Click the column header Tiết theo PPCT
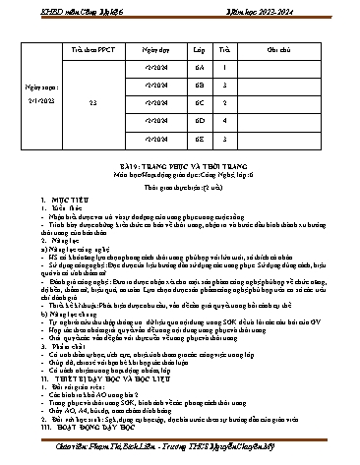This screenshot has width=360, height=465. coord(91,48)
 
